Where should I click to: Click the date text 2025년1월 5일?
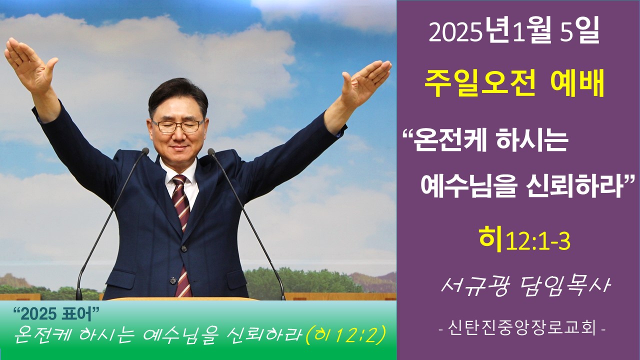(513, 33)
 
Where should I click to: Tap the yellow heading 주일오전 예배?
(514, 82)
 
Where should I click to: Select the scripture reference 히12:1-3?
(524, 240)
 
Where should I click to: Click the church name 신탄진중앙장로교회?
(522, 329)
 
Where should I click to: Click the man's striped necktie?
(182, 234)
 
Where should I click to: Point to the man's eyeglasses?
(177, 126)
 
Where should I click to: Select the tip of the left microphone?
(145, 151)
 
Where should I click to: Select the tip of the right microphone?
(211, 152)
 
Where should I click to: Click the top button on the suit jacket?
(183, 249)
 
